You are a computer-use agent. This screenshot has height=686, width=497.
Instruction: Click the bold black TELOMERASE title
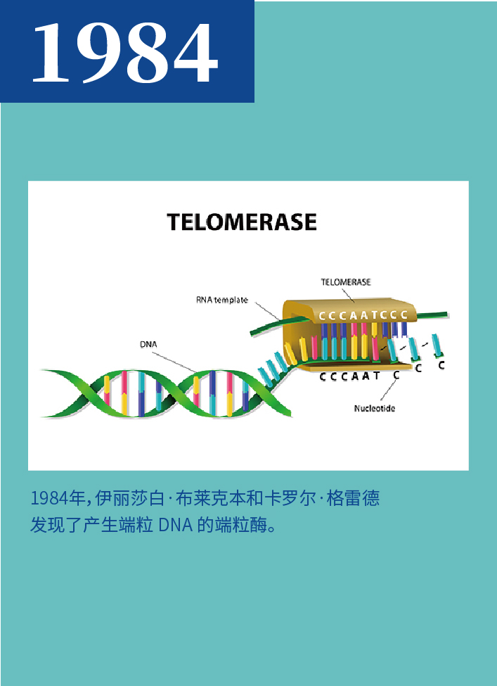click(x=242, y=222)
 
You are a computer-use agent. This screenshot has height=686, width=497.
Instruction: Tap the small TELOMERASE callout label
click(x=346, y=283)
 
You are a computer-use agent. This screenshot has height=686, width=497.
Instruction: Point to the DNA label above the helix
click(x=148, y=345)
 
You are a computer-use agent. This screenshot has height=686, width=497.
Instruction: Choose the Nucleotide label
click(x=375, y=409)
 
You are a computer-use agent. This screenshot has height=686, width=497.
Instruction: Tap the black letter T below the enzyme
click(x=377, y=376)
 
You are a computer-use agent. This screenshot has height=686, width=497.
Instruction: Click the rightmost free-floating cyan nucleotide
click(x=437, y=345)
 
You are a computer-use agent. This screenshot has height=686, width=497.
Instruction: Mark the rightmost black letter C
click(x=441, y=365)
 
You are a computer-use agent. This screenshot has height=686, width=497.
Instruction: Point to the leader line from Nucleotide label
click(x=389, y=390)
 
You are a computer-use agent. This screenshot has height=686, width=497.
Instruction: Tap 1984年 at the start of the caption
click(x=57, y=498)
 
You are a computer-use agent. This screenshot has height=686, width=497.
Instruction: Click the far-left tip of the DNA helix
click(x=41, y=371)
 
